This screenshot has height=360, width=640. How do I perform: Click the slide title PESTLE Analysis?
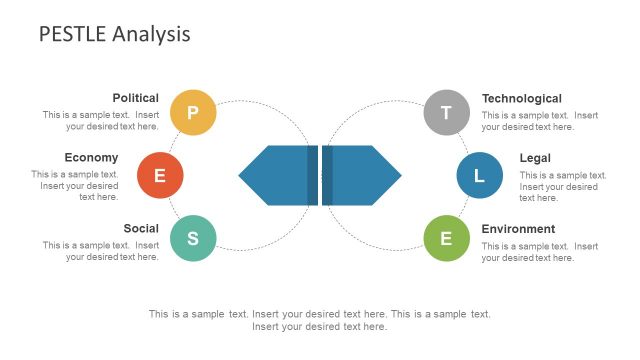point(114,34)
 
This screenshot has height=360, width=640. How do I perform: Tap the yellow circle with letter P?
point(193,112)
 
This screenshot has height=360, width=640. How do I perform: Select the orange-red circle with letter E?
point(160,176)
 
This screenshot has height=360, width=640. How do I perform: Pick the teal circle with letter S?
point(193,238)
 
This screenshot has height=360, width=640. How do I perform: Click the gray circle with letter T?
point(446,112)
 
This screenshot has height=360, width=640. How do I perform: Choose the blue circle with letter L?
point(479,176)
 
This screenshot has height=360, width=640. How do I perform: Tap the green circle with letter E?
point(446,238)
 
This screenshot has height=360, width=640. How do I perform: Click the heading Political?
point(135,98)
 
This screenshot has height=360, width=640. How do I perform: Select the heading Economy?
point(91,157)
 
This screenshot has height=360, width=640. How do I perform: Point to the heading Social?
point(141,228)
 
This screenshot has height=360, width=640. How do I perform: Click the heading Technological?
point(521,98)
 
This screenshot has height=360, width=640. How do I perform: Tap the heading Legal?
point(535,157)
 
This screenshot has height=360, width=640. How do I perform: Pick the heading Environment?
point(518,228)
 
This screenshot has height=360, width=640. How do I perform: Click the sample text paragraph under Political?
point(101,121)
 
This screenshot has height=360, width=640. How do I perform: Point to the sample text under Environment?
point(539,251)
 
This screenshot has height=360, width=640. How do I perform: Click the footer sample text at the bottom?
point(319,320)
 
